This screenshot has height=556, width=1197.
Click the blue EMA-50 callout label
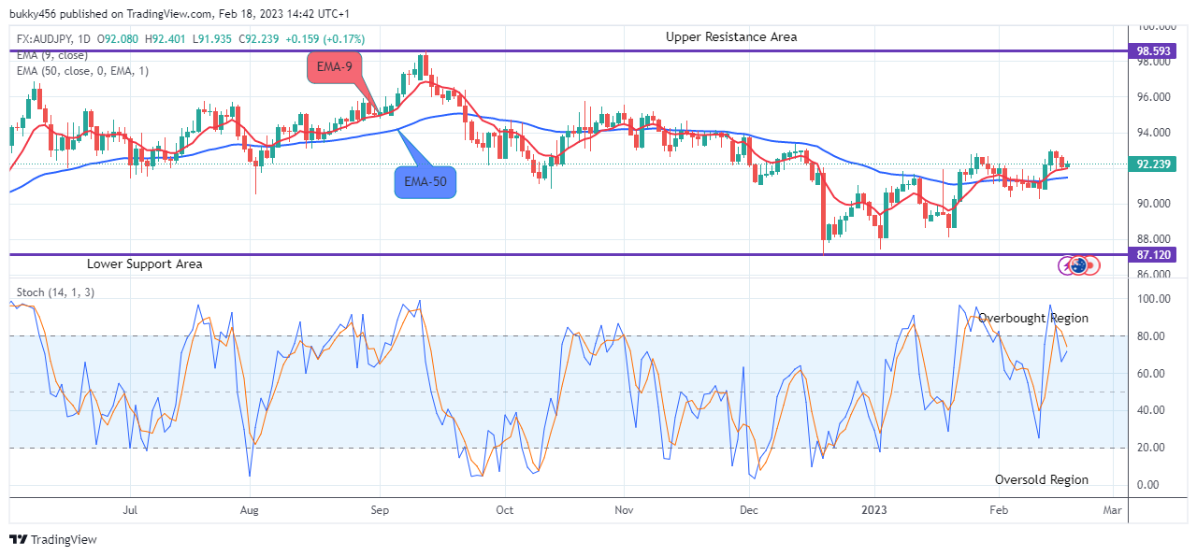[425, 181]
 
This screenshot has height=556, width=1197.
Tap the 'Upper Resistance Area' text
[731, 36]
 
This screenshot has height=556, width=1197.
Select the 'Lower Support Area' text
[144, 264]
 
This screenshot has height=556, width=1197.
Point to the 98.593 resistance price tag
[1156, 51]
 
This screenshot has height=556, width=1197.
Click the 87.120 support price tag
[1156, 254]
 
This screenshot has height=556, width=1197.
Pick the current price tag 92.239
[1156, 164]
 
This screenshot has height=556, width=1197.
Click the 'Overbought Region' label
[1033, 319]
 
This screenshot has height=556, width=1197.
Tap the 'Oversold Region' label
[1041, 479]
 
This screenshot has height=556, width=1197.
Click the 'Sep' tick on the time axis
[380, 511]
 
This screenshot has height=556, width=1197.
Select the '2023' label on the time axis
[875, 511]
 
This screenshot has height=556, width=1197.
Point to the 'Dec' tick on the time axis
[748, 511]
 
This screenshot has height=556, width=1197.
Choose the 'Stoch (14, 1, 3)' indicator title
[55, 292]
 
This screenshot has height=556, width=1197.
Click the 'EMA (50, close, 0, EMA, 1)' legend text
[82, 71]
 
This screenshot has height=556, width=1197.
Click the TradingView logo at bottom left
[53, 539]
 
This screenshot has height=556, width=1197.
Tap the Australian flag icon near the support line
[1079, 265]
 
